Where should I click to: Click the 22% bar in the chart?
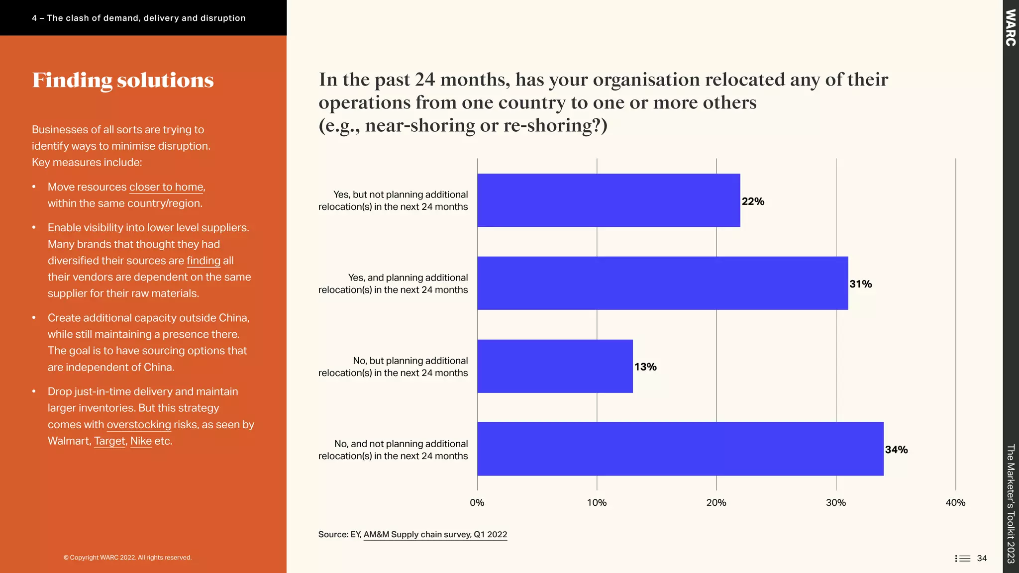click(x=609, y=200)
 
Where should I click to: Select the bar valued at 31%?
click(x=662, y=283)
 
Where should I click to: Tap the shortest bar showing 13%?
click(x=555, y=366)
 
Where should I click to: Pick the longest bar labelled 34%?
click(x=680, y=449)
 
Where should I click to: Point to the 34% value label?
click(x=896, y=450)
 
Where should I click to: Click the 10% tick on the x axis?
click(x=597, y=502)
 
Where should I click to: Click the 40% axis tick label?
click(x=955, y=502)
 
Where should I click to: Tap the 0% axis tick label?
click(x=477, y=502)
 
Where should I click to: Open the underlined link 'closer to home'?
click(x=166, y=187)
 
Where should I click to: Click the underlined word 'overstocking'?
click(x=139, y=425)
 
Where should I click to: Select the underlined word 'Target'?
click(x=109, y=441)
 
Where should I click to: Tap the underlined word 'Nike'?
click(x=141, y=441)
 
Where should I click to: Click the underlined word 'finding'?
click(x=203, y=261)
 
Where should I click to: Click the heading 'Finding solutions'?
click(x=123, y=81)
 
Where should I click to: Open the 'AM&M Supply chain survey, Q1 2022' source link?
click(x=435, y=535)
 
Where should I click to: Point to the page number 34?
click(x=982, y=558)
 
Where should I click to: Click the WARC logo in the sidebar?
click(x=1010, y=28)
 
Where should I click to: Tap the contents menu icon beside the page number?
click(x=962, y=558)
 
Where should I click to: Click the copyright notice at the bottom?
click(x=127, y=558)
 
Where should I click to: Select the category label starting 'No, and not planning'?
click(x=393, y=450)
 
